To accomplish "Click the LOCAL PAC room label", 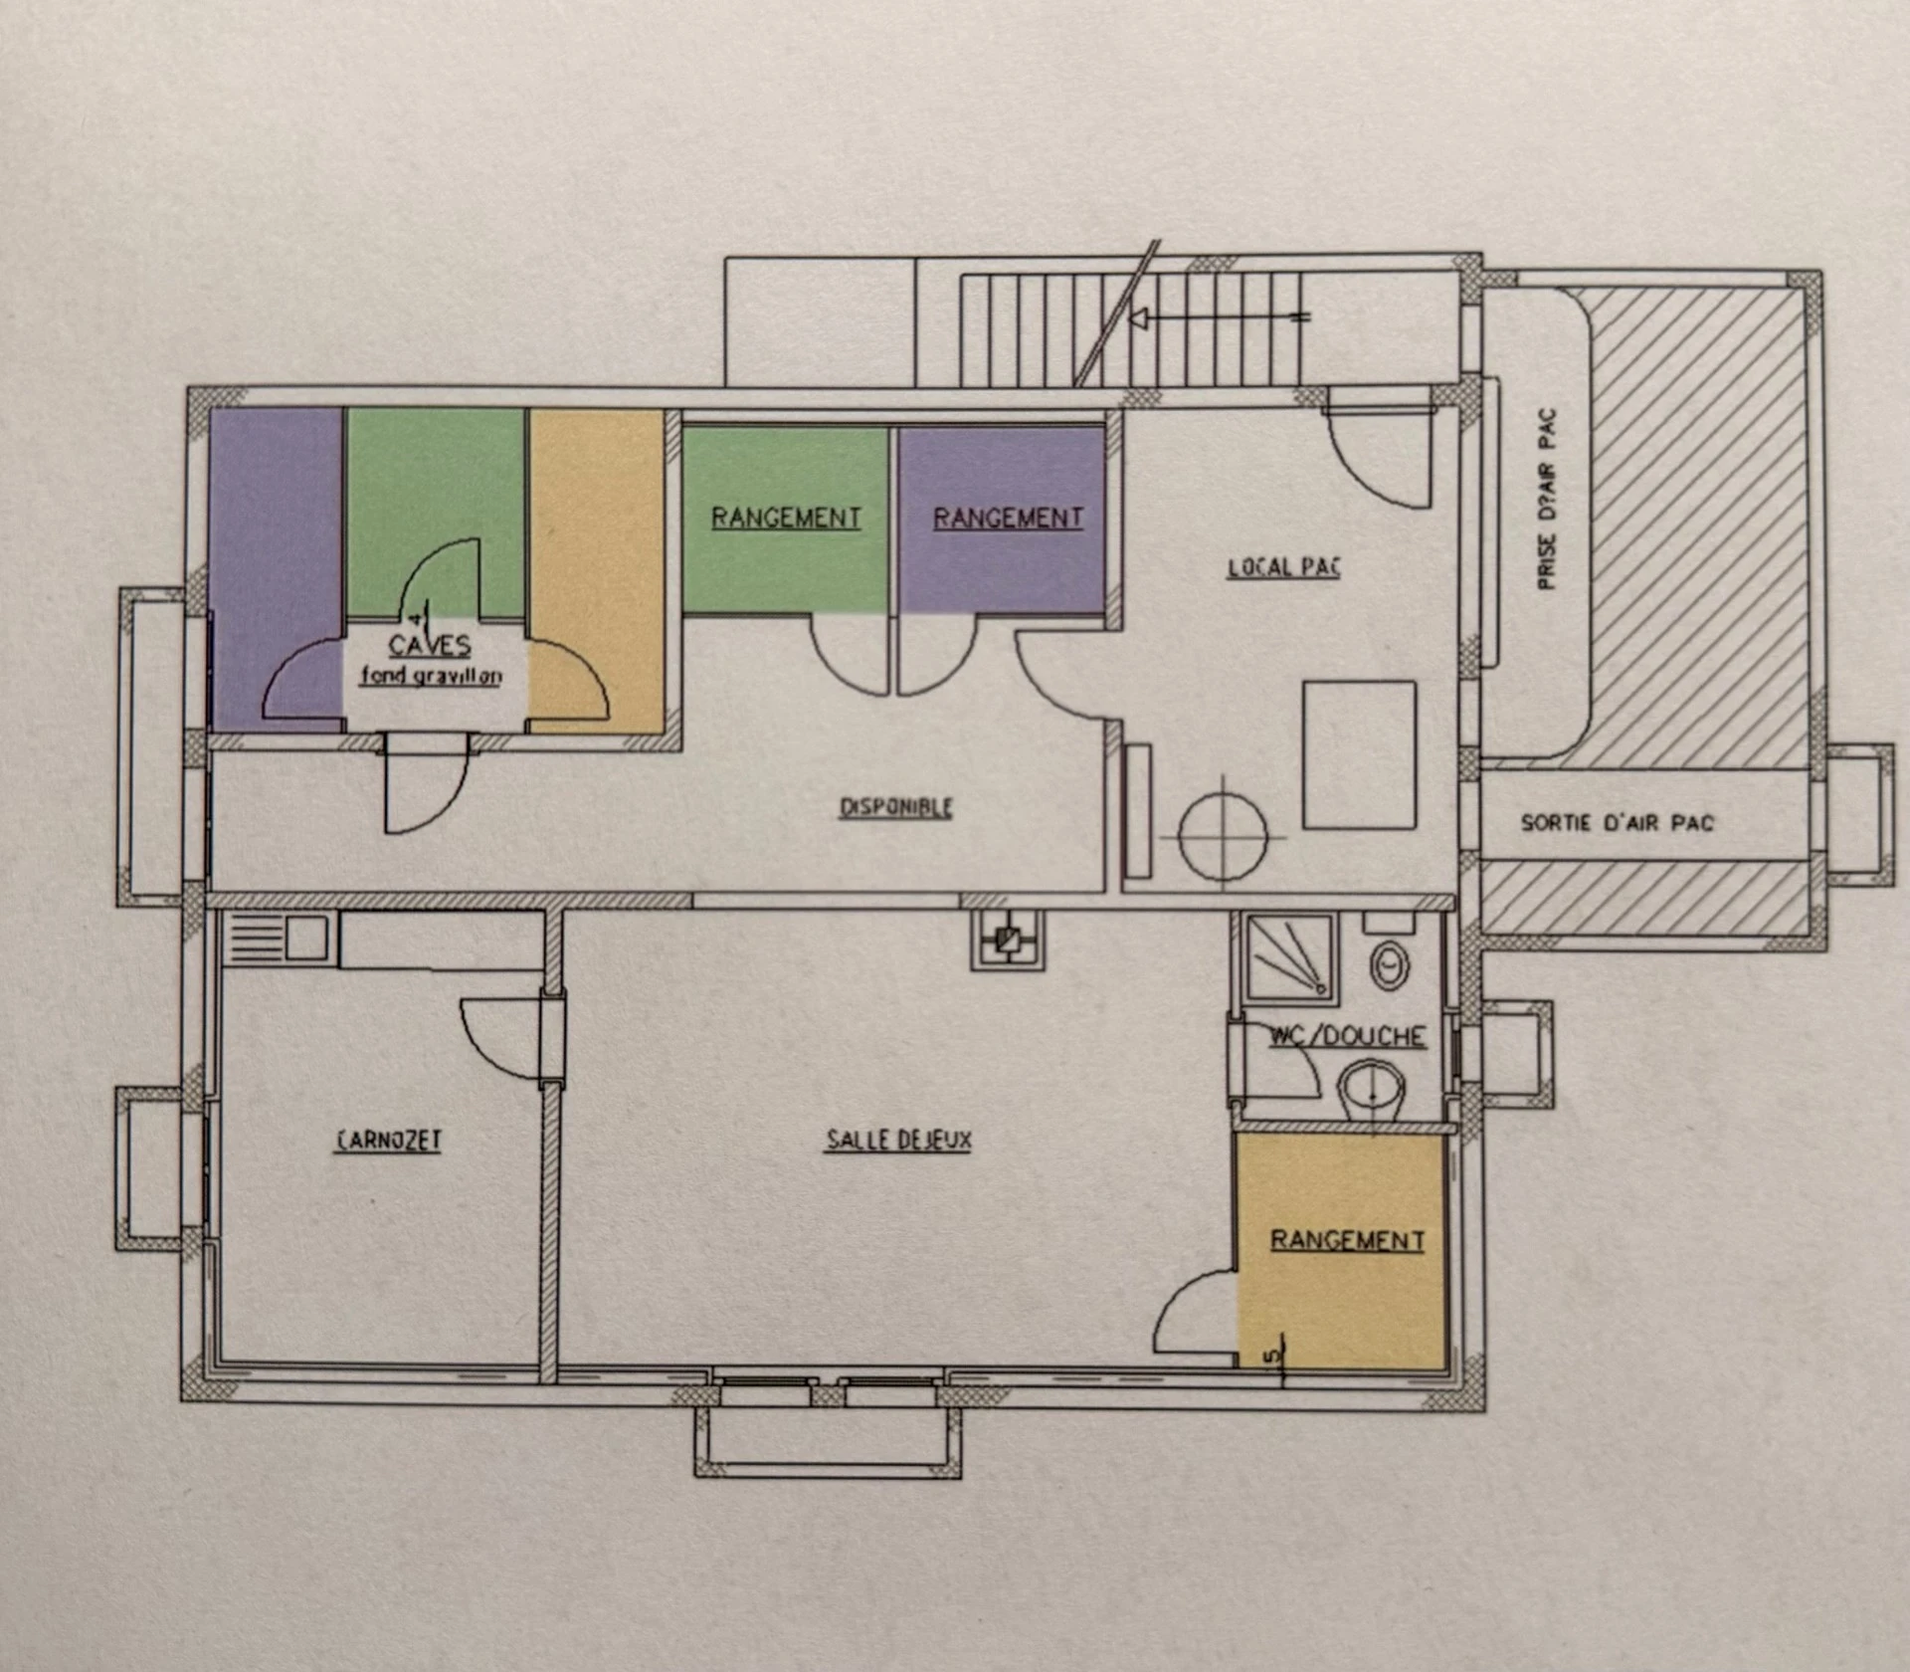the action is tap(1284, 567).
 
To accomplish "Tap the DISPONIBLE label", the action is tap(896, 807).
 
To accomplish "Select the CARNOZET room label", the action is tap(388, 1140).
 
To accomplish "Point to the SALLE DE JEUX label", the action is tap(898, 1140).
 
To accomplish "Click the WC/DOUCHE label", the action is tap(1348, 1036).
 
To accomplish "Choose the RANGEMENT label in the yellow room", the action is tap(1348, 1240).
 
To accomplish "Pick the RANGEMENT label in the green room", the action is tap(786, 518).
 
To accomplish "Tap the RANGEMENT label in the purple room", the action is tap(1008, 518).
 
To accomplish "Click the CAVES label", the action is tap(430, 646).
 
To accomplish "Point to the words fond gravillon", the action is tap(431, 676).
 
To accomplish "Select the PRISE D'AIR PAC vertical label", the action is tap(1547, 499).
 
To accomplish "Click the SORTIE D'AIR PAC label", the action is tap(1618, 823).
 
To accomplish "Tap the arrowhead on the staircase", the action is tap(1140, 318).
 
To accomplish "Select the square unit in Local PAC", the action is tap(1360, 754).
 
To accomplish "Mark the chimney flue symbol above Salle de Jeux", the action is tap(1009, 939).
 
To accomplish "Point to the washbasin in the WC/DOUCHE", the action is tap(1372, 1091).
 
